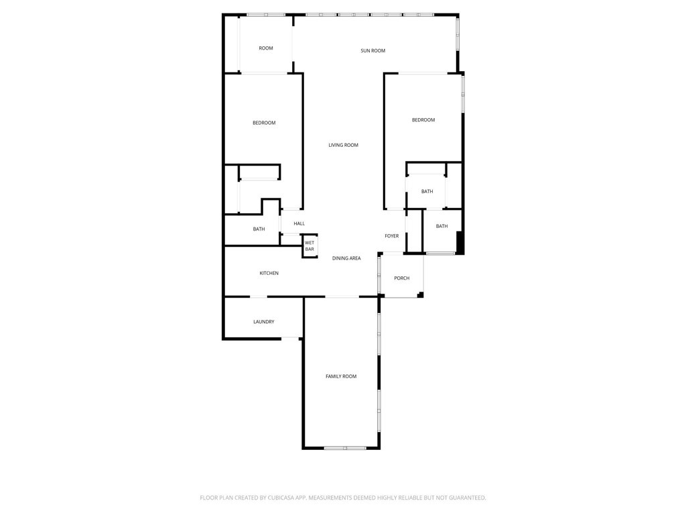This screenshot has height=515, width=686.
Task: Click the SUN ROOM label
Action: pyautogui.click(x=372, y=51)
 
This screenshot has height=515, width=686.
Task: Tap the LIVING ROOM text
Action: pyautogui.click(x=343, y=146)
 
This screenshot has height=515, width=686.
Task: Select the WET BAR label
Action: pyautogui.click(x=310, y=246)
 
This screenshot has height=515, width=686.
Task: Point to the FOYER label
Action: pyautogui.click(x=392, y=236)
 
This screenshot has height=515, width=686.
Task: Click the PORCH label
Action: pyautogui.click(x=401, y=278)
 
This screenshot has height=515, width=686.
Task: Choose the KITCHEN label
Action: pyautogui.click(x=269, y=274)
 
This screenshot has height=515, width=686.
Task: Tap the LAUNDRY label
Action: pyautogui.click(x=263, y=322)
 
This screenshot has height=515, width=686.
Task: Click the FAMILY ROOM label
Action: pyautogui.click(x=341, y=377)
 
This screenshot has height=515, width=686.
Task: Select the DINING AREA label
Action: pyautogui.click(x=346, y=258)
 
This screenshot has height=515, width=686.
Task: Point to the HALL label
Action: pyautogui.click(x=299, y=224)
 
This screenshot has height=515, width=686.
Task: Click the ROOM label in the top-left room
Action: pyautogui.click(x=266, y=48)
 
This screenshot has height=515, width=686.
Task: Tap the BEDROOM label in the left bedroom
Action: pyautogui.click(x=264, y=123)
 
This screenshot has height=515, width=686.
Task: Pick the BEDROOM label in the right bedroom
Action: pyautogui.click(x=423, y=120)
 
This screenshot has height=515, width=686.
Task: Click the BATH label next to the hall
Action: pyautogui.click(x=259, y=229)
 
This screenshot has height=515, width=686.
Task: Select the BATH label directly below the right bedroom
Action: pyautogui.click(x=427, y=192)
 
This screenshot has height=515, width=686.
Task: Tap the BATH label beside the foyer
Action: pyautogui.click(x=441, y=227)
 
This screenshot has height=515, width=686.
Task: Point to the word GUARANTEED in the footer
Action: pyautogui.click(x=464, y=498)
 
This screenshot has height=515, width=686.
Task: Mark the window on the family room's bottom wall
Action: pyautogui.click(x=344, y=447)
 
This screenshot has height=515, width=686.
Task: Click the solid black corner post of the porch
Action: pyautogui.click(x=420, y=294)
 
